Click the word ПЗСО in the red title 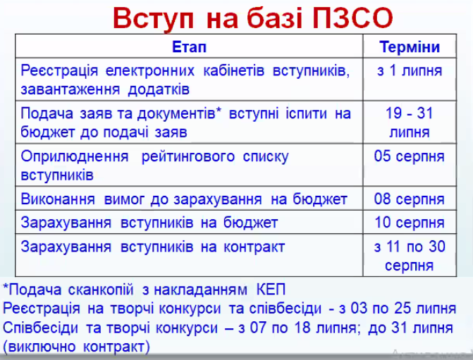(x=352, y=18)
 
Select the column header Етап (x=189, y=47)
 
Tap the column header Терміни (x=410, y=47)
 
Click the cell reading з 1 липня (x=410, y=70)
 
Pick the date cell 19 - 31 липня (x=410, y=123)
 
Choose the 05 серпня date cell (x=410, y=156)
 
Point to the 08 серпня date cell (x=410, y=199)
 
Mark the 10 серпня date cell (x=410, y=223)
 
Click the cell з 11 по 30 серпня (x=410, y=256)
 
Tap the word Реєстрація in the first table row (x=59, y=71)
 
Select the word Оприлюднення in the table (x=75, y=157)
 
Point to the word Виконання (x=58, y=199)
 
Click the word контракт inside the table (x=254, y=247)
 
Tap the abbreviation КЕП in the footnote (x=271, y=290)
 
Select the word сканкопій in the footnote (x=101, y=290)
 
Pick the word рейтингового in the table (x=188, y=157)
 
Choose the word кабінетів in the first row (x=234, y=71)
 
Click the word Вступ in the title (x=153, y=19)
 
